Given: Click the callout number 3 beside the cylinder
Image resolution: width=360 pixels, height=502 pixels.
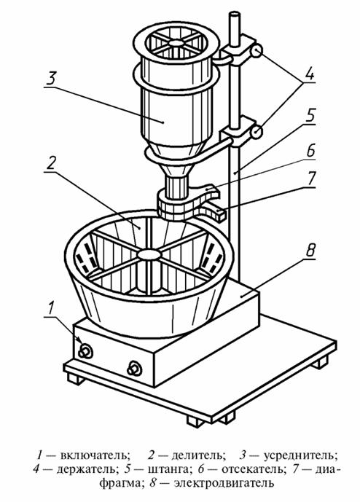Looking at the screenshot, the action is click(x=51, y=79).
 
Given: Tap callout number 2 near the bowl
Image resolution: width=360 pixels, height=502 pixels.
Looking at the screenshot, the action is click(x=50, y=164).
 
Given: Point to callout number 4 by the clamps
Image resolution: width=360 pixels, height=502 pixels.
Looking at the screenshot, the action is click(x=309, y=75).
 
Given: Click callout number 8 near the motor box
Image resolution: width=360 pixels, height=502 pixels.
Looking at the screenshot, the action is click(x=310, y=251).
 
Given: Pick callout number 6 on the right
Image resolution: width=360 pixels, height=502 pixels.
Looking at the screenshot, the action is click(x=310, y=151).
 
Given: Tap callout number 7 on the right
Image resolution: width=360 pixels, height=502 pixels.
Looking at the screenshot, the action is click(x=310, y=178).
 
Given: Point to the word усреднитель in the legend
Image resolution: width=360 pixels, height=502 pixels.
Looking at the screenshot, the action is click(x=301, y=455).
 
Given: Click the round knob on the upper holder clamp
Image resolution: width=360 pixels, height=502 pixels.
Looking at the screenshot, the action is click(x=257, y=52).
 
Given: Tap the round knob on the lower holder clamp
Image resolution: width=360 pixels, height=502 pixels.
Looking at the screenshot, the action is click(x=257, y=132).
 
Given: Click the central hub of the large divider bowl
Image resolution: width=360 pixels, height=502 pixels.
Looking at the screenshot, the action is click(x=149, y=254).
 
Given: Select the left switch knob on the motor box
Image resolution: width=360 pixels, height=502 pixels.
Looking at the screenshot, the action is click(x=85, y=351).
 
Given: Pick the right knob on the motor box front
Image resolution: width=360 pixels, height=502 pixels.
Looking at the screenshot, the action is click(x=134, y=368).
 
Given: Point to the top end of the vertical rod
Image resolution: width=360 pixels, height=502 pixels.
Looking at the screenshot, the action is click(x=235, y=15).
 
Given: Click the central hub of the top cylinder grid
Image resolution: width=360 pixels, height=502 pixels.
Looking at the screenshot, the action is click(x=175, y=42).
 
